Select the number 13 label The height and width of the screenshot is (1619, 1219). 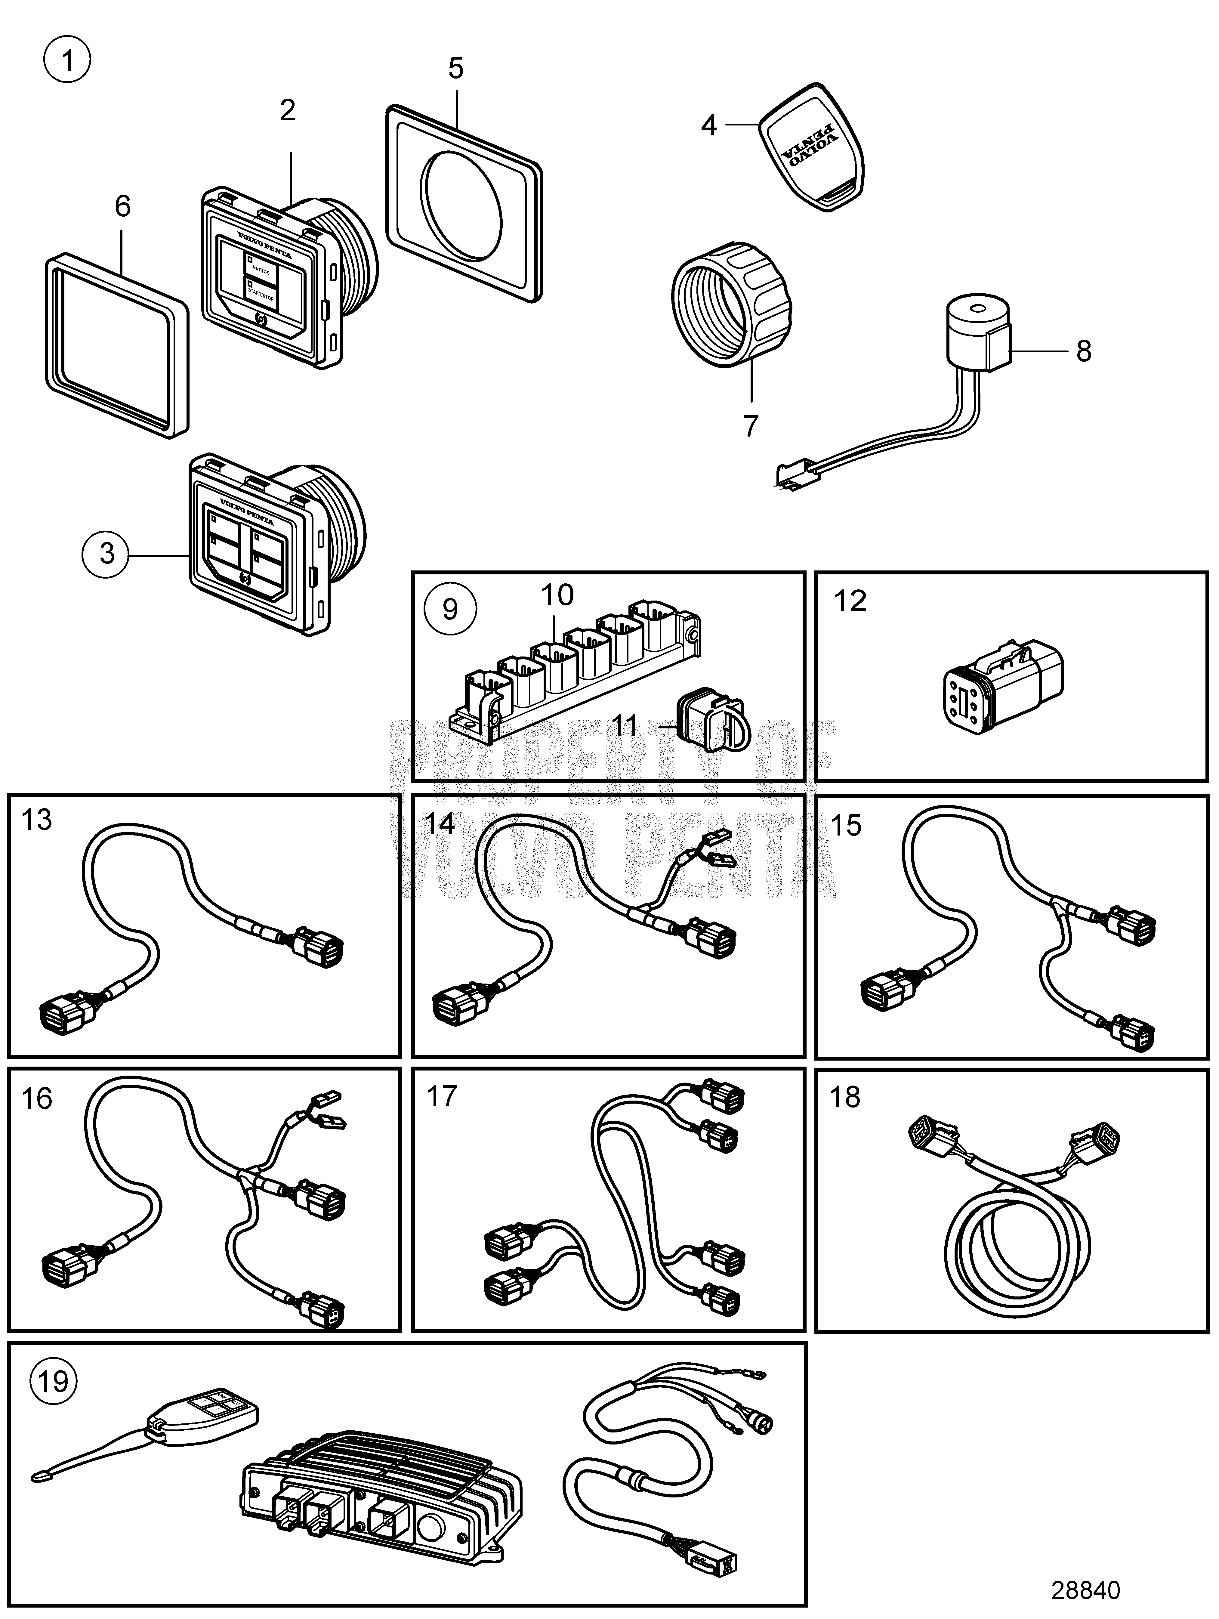(37, 820)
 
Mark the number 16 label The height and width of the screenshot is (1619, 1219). (37, 1098)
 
